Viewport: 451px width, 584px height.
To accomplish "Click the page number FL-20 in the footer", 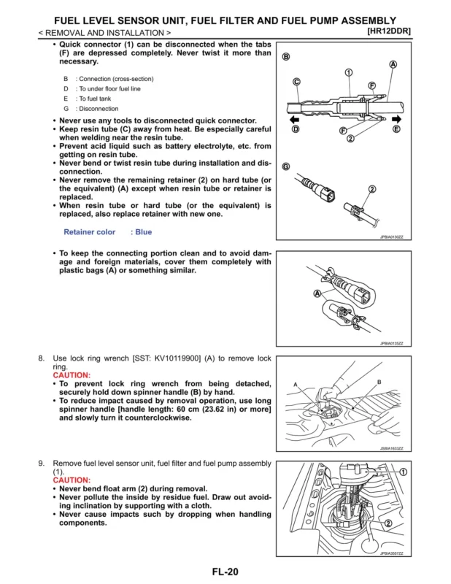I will point(225,572).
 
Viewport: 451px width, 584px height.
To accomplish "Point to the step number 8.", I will point(41,358).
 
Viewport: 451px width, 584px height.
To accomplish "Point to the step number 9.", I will point(41,464).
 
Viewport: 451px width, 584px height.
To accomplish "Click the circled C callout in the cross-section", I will point(296,82).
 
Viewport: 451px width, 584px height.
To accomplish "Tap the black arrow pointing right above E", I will point(396,119).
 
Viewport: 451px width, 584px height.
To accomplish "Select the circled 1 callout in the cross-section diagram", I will point(348,72).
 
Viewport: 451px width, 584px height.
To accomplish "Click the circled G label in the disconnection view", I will point(286,167).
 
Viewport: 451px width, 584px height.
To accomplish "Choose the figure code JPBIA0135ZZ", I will point(391,343).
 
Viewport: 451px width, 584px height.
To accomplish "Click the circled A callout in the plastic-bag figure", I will point(317,293).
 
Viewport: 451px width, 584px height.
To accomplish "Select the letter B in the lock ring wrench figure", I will point(379,383).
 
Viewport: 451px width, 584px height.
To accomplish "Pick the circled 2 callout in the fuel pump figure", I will point(388,523).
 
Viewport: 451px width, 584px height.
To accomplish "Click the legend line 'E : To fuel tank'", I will point(91,99).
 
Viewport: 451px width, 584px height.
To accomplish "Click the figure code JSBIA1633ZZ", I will point(391,448).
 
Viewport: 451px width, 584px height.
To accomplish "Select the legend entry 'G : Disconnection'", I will point(91,109).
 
